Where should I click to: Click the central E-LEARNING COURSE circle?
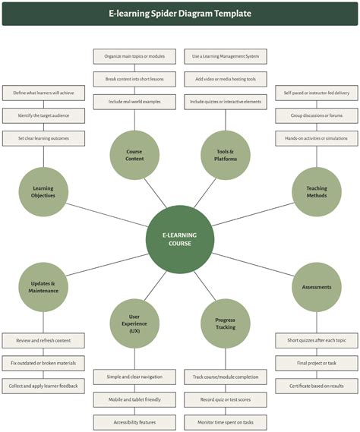[x=180, y=239]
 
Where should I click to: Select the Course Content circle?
[x=134, y=156]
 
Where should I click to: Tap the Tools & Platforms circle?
[x=226, y=156]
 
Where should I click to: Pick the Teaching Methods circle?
[x=317, y=191]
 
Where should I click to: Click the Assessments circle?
[x=317, y=287]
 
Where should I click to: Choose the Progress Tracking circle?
[x=226, y=323]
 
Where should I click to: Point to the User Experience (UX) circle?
[x=134, y=323]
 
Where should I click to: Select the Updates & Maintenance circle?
[x=43, y=287]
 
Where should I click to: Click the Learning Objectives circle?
[x=43, y=191]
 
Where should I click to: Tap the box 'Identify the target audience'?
[x=43, y=116]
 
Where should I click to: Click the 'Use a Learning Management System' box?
[x=226, y=56]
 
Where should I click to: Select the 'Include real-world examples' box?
[x=134, y=102]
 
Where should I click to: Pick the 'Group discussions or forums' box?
[x=317, y=116]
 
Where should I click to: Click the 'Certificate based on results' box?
[x=317, y=386]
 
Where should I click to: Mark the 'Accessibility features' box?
[x=134, y=422]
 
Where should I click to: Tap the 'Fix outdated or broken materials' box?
[x=43, y=364]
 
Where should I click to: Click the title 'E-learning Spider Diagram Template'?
[x=180, y=13]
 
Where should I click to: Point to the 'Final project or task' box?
[x=317, y=364]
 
